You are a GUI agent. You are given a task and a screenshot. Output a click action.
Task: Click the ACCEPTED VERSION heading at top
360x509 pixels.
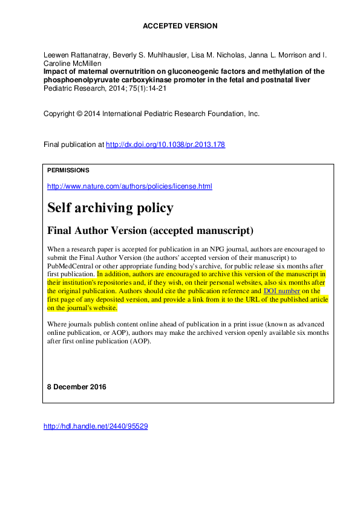[x=180, y=26]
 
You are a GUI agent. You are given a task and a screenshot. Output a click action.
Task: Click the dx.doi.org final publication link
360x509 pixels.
[x=165, y=145]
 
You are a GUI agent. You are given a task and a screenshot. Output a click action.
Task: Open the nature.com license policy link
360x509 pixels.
[x=129, y=186]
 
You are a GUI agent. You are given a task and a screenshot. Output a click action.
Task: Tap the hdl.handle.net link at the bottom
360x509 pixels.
[x=96, y=426]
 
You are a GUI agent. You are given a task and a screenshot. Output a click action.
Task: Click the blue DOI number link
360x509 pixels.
[x=281, y=291]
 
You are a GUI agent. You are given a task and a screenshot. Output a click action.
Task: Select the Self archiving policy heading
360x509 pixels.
[x=110, y=208]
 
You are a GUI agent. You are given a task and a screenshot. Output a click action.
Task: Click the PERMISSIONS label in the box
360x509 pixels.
[x=68, y=170]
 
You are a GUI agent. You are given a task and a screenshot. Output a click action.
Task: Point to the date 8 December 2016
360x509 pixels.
[x=76, y=387]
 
